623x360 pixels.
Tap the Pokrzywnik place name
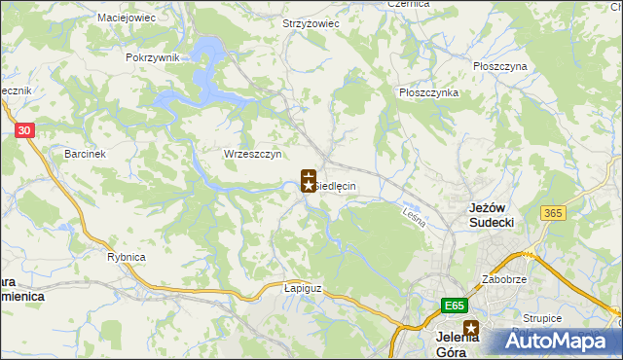pos(153,57)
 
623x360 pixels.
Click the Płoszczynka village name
pos(428,92)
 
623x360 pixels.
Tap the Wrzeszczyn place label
pos(252,154)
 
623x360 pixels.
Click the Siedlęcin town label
pos(335,186)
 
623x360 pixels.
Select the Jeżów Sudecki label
pos(492,215)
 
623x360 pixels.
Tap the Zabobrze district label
pos(504,279)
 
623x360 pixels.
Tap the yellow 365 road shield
pos(555,213)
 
